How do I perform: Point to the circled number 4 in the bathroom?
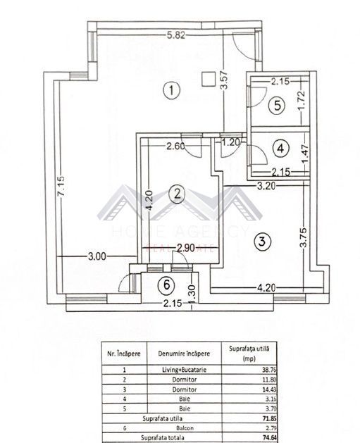281,149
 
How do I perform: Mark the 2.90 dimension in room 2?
186,248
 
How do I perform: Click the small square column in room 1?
208,78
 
